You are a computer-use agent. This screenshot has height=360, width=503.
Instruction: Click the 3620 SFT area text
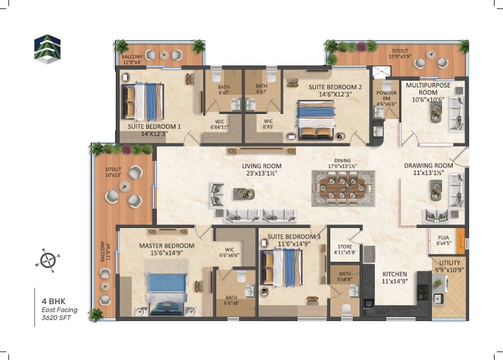click(56, 318)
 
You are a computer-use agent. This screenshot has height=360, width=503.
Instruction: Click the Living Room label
click(261, 166)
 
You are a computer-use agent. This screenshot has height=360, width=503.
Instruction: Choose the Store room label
click(344, 247)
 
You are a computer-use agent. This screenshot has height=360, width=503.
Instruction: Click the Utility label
click(449, 263)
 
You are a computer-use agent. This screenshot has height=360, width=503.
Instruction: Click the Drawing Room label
click(428, 166)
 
